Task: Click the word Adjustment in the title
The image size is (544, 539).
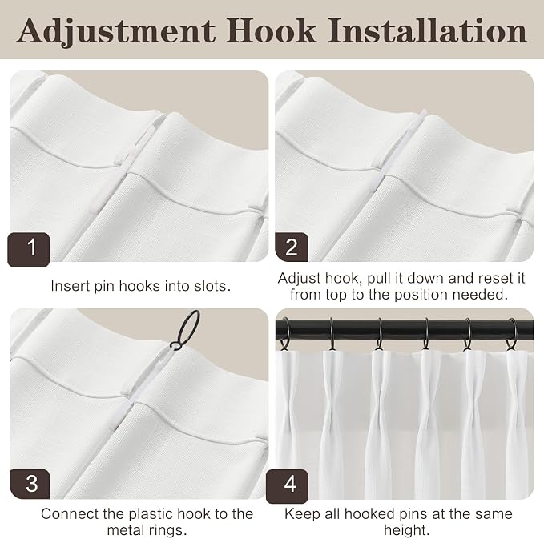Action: (x=116, y=32)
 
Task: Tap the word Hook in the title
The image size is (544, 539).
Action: (x=272, y=30)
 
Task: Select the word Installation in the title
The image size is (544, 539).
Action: (x=428, y=30)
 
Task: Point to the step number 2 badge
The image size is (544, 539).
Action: (x=292, y=247)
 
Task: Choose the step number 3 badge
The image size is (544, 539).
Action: (x=30, y=485)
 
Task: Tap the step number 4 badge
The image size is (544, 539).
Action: (x=288, y=486)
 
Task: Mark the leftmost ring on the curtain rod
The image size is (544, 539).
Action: (x=284, y=335)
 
